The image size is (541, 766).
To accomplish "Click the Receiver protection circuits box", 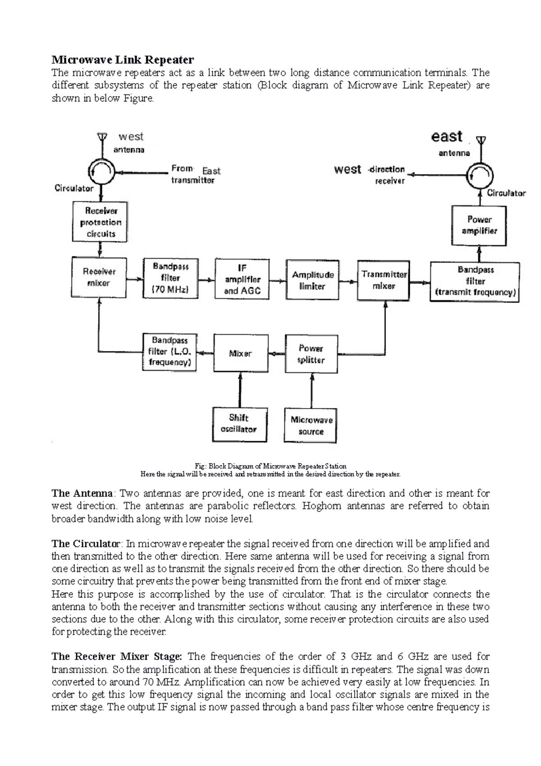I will click(x=100, y=221).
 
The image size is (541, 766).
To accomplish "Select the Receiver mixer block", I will click(x=99, y=277).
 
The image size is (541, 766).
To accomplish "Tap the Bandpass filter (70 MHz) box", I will click(x=170, y=278).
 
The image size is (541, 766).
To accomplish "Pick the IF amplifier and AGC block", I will click(x=242, y=279).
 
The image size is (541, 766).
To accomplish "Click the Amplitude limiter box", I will click(x=312, y=280).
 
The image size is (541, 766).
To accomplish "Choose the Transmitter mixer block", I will click(x=384, y=280).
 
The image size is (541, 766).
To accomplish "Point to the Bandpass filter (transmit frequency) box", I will click(x=475, y=281).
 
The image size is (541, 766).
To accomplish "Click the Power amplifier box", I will click(x=479, y=225).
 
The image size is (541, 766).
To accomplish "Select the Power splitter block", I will click(x=311, y=354).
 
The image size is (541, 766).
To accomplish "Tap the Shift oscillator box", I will click(x=239, y=424).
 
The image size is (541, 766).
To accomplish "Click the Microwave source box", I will click(x=311, y=425).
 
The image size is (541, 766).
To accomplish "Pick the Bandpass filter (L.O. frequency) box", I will click(x=170, y=352).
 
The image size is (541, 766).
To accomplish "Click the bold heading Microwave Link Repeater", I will click(x=123, y=60).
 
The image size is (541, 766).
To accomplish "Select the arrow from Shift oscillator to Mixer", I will click(x=239, y=390).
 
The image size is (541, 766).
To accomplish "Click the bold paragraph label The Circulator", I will click(x=86, y=543).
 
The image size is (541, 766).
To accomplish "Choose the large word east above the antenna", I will click(x=447, y=136).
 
